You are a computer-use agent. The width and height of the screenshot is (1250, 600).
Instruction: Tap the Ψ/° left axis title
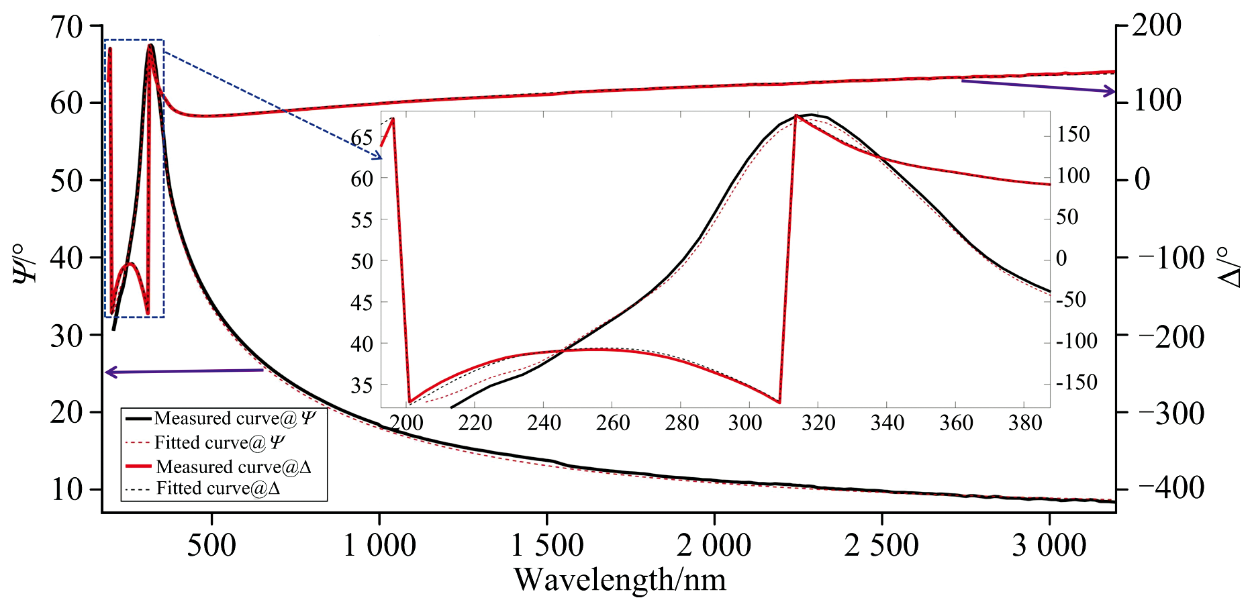click(26, 262)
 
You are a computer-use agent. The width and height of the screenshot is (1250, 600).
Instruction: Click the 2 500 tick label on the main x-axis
click(881, 545)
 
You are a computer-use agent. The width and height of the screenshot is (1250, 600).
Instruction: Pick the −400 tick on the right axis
click(1171, 488)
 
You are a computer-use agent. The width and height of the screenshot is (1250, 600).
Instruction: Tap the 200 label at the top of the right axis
click(1156, 26)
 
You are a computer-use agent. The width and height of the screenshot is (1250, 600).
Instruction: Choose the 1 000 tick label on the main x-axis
click(379, 545)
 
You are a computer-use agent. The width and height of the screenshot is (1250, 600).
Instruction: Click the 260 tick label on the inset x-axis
click(612, 423)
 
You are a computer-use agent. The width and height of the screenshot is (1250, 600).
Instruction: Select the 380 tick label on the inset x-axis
click(1024, 423)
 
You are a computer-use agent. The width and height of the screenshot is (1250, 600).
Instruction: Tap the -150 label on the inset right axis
click(1076, 383)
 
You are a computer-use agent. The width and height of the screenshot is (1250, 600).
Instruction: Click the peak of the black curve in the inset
click(811, 115)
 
